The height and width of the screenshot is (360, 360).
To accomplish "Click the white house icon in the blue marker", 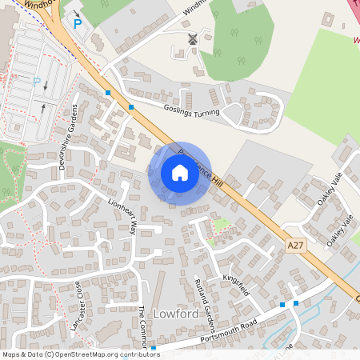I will tap(180, 173).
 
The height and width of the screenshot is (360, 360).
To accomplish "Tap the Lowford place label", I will tap(177, 314).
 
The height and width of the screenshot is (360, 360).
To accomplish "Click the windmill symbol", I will tap(192, 38).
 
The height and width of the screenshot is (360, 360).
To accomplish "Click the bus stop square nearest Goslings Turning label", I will tap(131, 105).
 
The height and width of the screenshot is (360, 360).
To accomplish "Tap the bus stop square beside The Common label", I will tap(153, 348).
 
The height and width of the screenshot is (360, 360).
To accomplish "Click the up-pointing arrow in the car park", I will tap(42, 107).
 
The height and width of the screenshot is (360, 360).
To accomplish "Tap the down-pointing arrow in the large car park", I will tap(46, 86).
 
